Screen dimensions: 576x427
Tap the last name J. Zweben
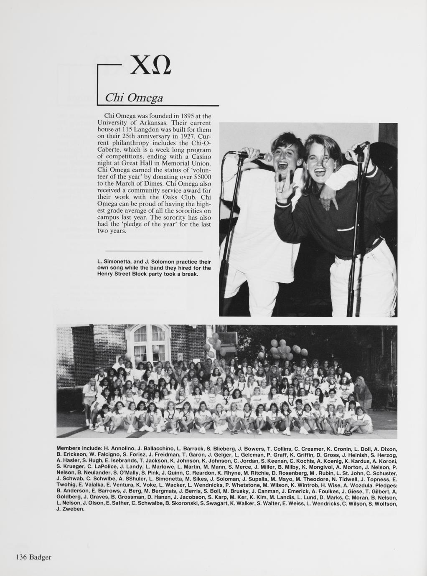[x=70, y=509]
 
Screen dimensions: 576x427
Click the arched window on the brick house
[x=149, y=340]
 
